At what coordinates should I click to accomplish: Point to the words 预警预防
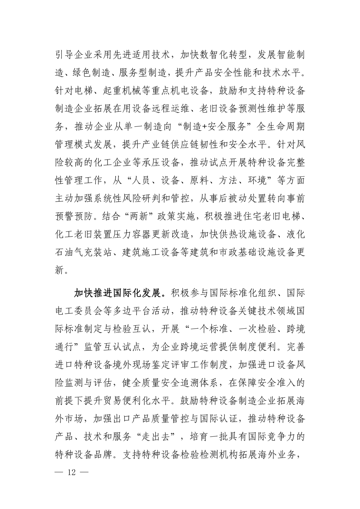73,217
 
